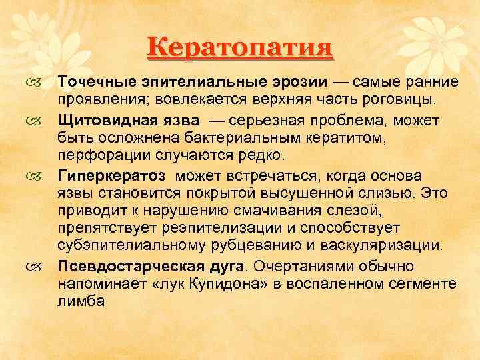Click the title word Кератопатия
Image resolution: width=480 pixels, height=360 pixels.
point(240,49)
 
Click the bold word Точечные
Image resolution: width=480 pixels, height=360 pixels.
point(98,82)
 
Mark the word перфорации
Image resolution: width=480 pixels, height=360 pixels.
point(100,155)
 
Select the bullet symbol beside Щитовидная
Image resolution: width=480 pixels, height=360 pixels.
point(34,121)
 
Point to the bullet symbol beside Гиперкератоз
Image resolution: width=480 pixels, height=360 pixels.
point(34,176)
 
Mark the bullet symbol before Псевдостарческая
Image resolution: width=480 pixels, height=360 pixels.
point(34,267)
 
